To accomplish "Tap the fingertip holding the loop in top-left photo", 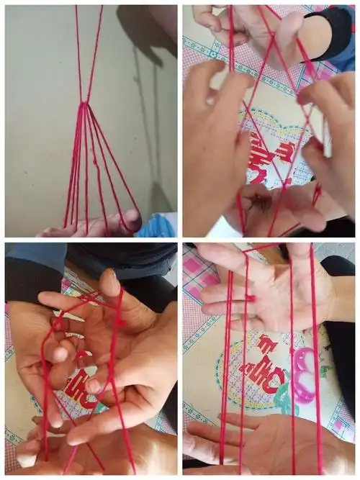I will (x=132, y=216).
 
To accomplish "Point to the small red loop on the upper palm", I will (x=251, y=297).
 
